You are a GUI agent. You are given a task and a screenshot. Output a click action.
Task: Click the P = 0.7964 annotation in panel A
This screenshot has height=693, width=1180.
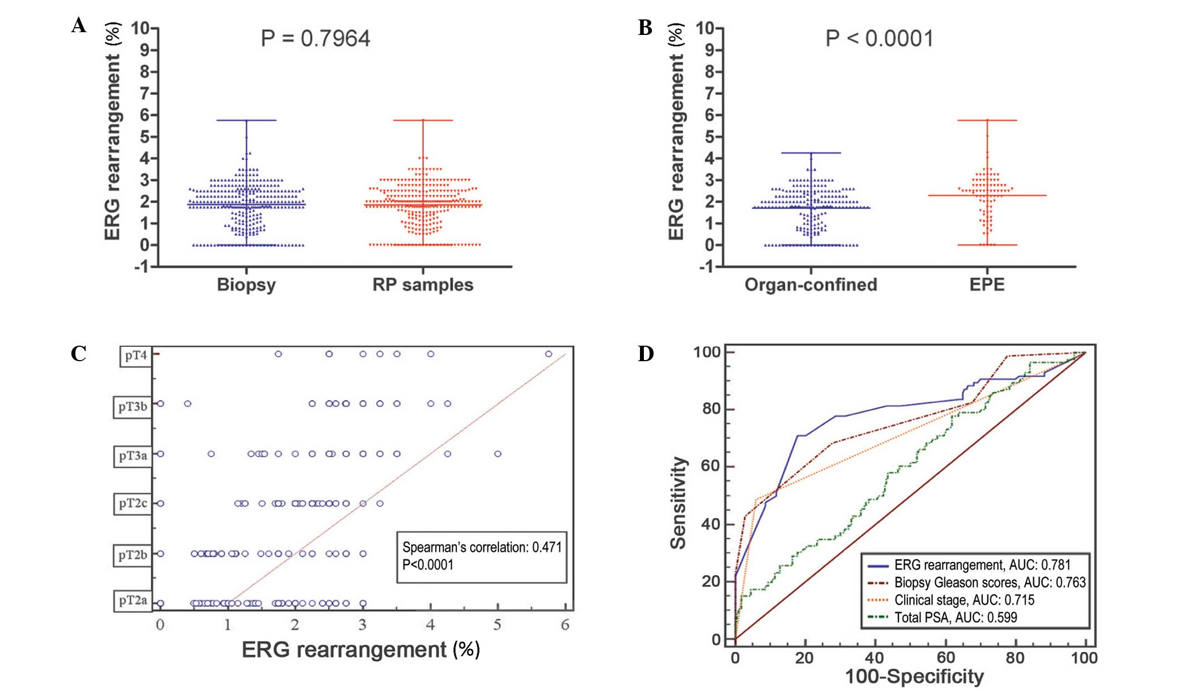pyautogui.click(x=315, y=38)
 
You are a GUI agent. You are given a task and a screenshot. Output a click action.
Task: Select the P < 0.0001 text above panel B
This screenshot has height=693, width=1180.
pyautogui.click(x=879, y=38)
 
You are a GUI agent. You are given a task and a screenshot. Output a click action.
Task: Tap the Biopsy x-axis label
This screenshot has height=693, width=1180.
pyautogui.click(x=246, y=285)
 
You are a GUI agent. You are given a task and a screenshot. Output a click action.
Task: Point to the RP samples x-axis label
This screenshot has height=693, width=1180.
pyautogui.click(x=422, y=285)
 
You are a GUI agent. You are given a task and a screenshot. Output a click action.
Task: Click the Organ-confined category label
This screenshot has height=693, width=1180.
pyautogui.click(x=810, y=285)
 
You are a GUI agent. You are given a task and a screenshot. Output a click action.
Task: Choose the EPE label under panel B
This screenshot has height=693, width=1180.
pyautogui.click(x=987, y=285)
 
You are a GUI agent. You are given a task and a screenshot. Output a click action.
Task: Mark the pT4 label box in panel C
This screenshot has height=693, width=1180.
pyautogui.click(x=135, y=356)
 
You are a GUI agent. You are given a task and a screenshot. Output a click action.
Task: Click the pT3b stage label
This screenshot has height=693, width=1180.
pyautogui.click(x=133, y=407)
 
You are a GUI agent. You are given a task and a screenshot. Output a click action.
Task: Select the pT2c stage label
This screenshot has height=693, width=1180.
pyautogui.click(x=133, y=503)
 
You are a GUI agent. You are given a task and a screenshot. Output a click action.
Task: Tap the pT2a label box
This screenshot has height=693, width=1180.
pyautogui.click(x=133, y=600)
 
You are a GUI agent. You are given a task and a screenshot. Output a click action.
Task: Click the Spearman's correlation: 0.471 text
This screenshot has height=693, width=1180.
pyautogui.click(x=482, y=547)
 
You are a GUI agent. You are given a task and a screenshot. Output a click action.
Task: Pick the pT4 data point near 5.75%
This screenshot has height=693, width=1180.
pyautogui.click(x=548, y=354)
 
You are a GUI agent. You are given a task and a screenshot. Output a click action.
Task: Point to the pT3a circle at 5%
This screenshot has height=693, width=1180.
pyautogui.click(x=498, y=454)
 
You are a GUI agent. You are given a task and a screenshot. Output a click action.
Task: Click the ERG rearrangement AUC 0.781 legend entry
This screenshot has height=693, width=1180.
pyautogui.click(x=981, y=565)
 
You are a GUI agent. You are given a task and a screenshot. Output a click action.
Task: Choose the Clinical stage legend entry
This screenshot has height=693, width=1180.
pyautogui.click(x=964, y=600)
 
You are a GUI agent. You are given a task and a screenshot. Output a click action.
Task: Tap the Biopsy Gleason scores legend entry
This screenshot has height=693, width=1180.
pyautogui.click(x=989, y=583)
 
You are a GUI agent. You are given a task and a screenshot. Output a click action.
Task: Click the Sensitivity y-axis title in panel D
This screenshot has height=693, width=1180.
pyautogui.click(x=679, y=503)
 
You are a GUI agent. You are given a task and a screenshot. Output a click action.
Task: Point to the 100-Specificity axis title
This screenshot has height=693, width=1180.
pyautogui.click(x=914, y=676)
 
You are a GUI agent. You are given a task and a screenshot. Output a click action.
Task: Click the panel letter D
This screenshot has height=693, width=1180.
pyautogui.click(x=646, y=354)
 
